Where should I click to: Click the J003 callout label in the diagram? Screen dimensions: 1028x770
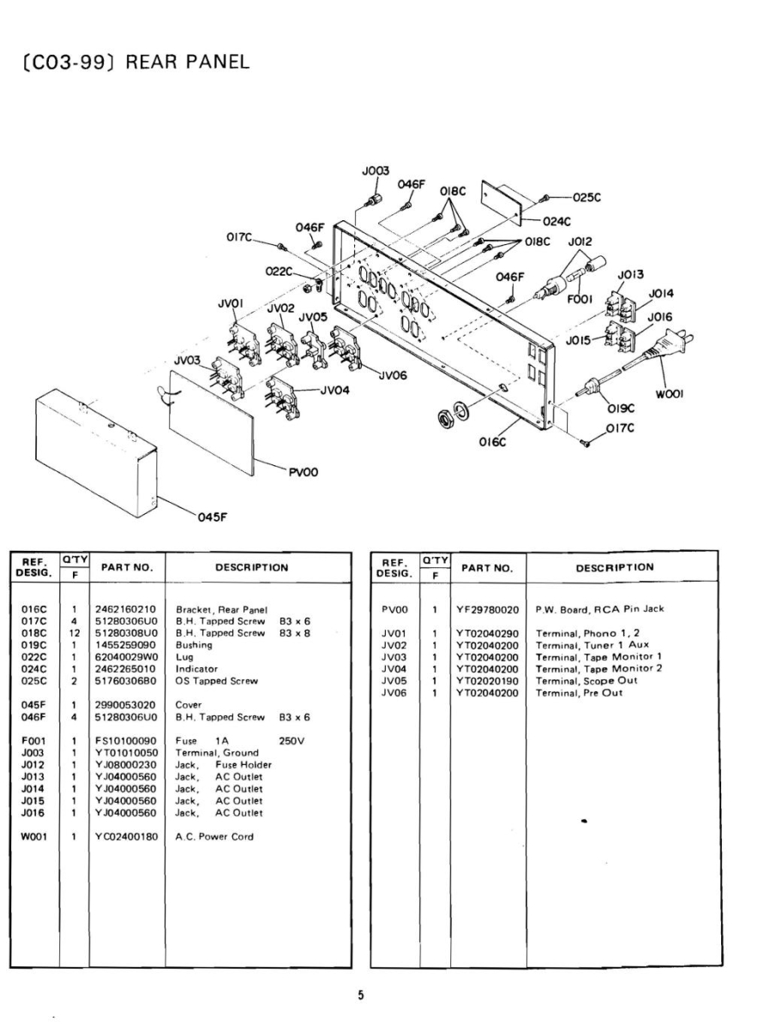tap(375, 170)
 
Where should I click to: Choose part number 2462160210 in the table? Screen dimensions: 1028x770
tap(127, 609)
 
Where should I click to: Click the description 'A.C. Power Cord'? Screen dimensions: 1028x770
tap(214, 837)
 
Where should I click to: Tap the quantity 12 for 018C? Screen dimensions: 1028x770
tap(75, 633)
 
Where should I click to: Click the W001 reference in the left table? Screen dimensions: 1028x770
tap(34, 837)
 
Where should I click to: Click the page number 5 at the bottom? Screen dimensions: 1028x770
tap(361, 995)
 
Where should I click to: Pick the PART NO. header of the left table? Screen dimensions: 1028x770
tap(127, 567)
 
